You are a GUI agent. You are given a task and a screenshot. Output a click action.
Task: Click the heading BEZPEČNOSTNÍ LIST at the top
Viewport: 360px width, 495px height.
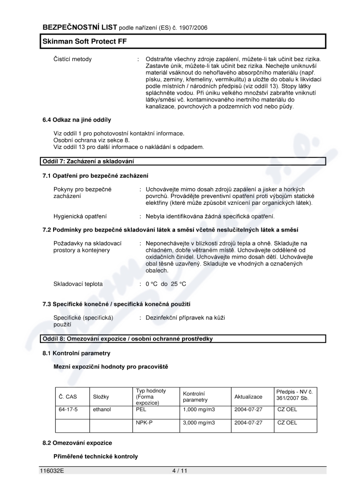[x=80, y=27]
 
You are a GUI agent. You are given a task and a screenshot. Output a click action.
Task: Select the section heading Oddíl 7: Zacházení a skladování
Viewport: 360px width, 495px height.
[x=88, y=161]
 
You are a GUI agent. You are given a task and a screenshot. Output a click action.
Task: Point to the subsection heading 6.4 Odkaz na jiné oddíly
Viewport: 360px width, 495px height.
[x=76, y=120]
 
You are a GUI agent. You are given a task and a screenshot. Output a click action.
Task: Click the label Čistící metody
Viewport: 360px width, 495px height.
[x=72, y=59]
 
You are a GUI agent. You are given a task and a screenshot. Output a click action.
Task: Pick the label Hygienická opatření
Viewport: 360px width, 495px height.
[x=80, y=216]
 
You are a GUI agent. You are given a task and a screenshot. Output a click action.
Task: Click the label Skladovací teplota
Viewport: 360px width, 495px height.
[x=78, y=284]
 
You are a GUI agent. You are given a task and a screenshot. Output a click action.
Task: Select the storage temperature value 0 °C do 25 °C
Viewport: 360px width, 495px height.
[x=166, y=284]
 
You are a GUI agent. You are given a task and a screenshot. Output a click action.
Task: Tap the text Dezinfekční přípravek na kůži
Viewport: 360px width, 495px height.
[x=185, y=318]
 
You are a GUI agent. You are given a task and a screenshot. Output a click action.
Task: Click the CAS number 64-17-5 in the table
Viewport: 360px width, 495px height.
[x=67, y=409]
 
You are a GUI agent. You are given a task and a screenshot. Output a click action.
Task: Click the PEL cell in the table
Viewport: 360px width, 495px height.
[x=141, y=409]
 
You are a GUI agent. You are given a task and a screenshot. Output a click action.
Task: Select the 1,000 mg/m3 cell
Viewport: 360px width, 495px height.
[x=198, y=409]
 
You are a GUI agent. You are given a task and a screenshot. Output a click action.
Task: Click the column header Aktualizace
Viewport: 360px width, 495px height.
[x=248, y=396]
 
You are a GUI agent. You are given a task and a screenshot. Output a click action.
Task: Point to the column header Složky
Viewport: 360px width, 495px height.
[x=101, y=396]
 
